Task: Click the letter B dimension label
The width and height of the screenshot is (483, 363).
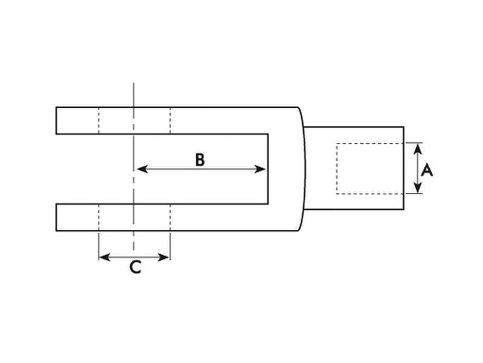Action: point(200,160)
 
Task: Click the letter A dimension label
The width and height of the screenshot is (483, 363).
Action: point(427,170)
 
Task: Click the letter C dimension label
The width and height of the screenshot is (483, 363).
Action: point(135,267)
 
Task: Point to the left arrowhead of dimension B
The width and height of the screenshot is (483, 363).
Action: point(140,169)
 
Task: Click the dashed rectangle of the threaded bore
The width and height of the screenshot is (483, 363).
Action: point(369,169)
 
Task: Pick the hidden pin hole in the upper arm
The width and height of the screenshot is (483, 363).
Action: point(134,120)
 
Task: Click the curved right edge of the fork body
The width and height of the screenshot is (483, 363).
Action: point(303,169)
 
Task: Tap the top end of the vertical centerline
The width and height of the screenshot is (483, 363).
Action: point(134,85)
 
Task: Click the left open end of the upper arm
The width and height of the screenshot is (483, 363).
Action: point(57,120)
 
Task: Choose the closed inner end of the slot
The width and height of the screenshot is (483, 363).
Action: point(268,169)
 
